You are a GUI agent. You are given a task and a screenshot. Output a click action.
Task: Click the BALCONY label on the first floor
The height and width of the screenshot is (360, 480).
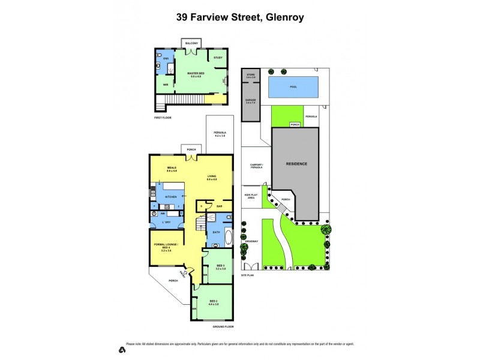(191, 43)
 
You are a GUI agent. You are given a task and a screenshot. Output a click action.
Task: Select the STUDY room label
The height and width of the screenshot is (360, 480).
(218, 58)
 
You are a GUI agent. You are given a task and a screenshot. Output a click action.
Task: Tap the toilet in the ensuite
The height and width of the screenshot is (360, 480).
(158, 65)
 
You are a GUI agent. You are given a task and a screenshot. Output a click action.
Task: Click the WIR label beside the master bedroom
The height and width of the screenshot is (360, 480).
(166, 85)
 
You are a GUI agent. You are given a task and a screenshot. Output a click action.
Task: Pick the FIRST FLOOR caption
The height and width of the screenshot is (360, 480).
(163, 118)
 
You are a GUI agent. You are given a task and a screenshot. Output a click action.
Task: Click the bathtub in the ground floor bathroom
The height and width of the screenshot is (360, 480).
(215, 242)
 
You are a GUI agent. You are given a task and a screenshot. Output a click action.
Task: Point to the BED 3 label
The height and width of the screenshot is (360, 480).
(220, 266)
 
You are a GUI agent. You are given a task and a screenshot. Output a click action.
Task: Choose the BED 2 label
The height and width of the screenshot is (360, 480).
(214, 301)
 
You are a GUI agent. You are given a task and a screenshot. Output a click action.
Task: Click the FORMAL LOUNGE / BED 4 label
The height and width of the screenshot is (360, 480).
(163, 247)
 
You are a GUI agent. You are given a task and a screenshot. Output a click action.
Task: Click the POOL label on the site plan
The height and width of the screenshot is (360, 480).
(293, 87)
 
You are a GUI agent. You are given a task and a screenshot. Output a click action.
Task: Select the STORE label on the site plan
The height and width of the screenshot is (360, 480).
(251, 76)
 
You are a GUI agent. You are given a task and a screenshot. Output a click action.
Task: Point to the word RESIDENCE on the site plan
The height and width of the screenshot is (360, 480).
(296, 164)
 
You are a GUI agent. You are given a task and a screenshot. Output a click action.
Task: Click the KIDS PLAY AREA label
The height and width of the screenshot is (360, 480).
(251, 196)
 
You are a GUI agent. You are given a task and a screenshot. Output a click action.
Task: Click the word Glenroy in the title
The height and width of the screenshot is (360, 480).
(281, 17)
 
